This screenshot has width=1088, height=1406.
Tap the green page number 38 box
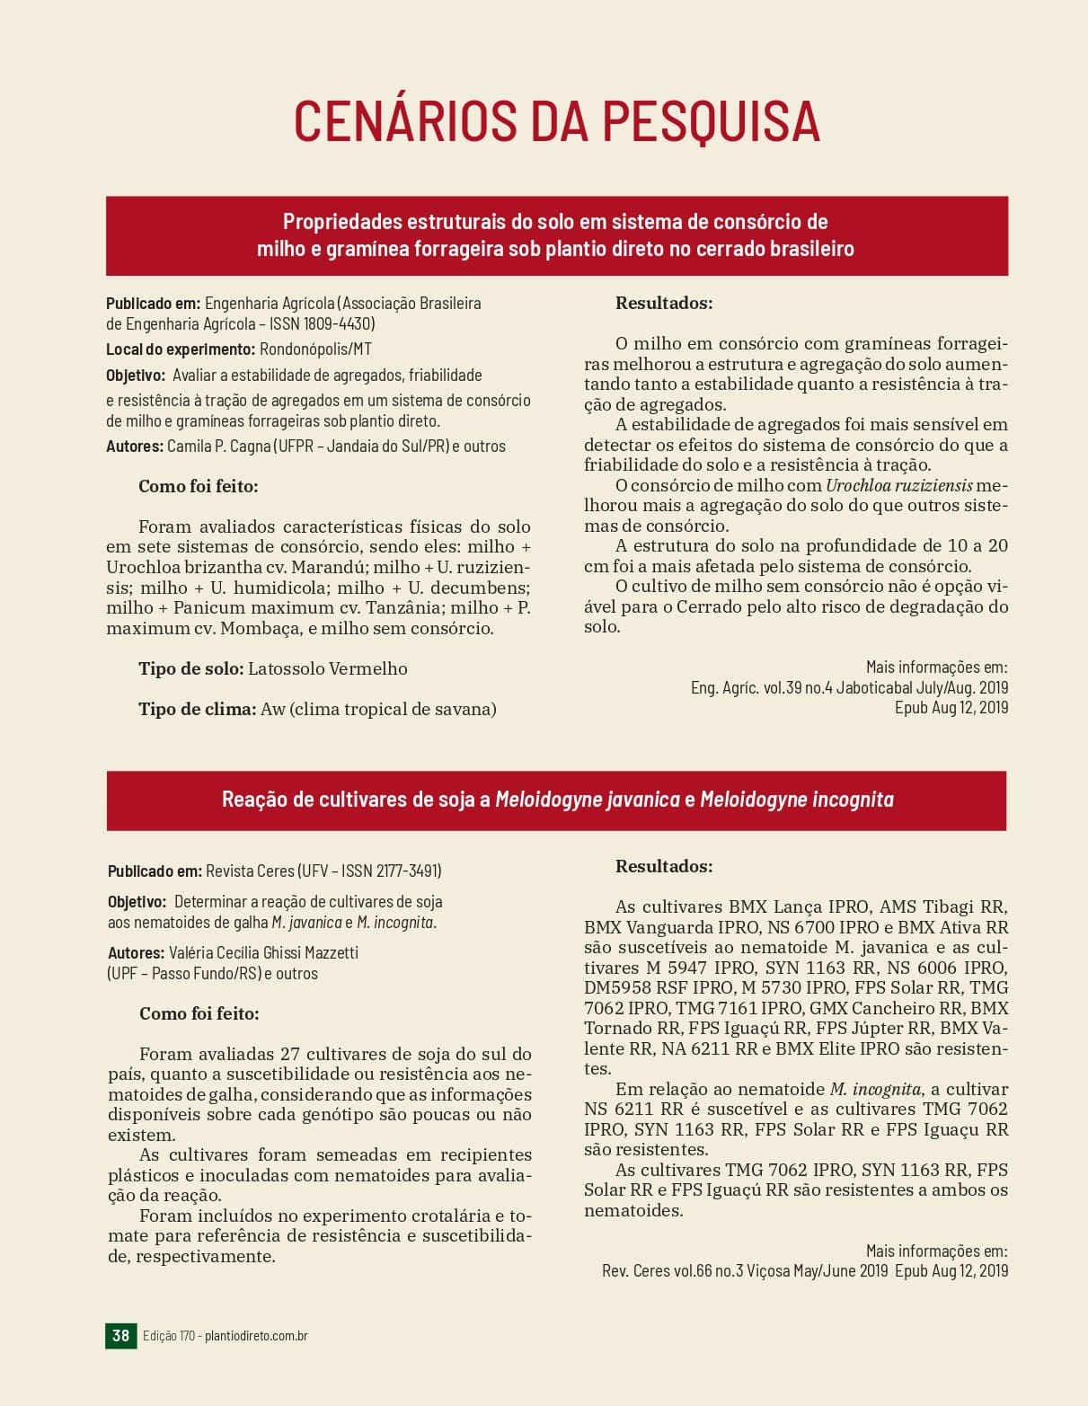pyautogui.click(x=120, y=1335)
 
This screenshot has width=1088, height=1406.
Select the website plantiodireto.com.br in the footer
pyautogui.click(x=256, y=1336)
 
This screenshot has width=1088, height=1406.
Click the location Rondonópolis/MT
pyautogui.click(x=315, y=349)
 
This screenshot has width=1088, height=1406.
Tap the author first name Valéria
pyautogui.click(x=197, y=953)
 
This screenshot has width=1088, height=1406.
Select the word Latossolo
pyautogui.click(x=285, y=669)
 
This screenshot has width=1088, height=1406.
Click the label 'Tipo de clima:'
pyautogui.click(x=197, y=710)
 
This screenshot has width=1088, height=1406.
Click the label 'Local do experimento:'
pyautogui.click(x=180, y=349)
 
